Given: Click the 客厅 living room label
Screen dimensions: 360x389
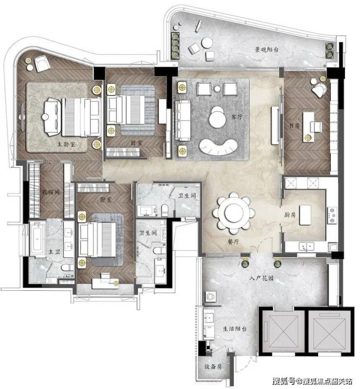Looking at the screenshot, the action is click(237, 116).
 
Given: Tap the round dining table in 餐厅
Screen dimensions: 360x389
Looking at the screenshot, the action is click(234, 212).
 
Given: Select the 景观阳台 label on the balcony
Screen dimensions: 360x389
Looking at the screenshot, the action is click(266, 50).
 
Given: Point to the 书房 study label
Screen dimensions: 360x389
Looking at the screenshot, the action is click(294, 125).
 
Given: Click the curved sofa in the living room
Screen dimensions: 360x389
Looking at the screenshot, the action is click(218, 147).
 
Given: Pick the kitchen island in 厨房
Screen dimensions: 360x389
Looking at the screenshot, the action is click(305, 215).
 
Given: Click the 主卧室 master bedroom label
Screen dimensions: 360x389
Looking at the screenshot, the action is click(66, 144).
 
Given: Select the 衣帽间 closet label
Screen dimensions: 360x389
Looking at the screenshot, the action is click(51, 192).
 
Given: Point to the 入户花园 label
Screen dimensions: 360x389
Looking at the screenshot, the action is click(261, 278).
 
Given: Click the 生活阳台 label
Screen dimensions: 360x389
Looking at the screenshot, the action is click(234, 329).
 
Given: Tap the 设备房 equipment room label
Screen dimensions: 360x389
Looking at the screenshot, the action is click(213, 367).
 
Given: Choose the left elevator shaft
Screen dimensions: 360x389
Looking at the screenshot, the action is click(282, 331).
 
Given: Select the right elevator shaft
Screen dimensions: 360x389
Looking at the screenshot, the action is click(329, 331).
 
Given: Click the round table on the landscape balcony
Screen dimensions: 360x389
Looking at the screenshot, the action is click(207, 43).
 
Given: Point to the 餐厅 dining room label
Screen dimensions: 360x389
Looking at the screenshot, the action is click(233, 241).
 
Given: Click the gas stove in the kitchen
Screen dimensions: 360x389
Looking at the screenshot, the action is click(332, 215).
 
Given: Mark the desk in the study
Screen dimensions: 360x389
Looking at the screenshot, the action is click(308, 127).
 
